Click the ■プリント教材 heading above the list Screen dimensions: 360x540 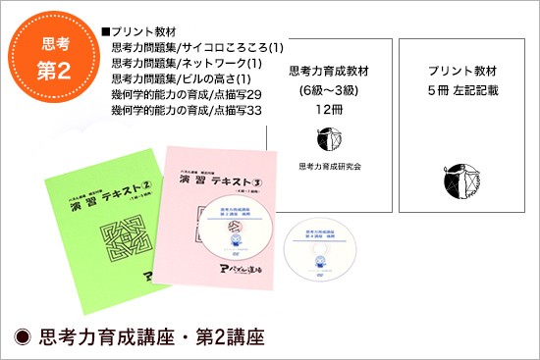[x=138, y=31]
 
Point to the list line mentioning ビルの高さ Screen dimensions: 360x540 [x=183, y=78]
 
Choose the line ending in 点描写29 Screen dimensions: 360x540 [x=185, y=95]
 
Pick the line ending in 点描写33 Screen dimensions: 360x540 [x=185, y=111]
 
